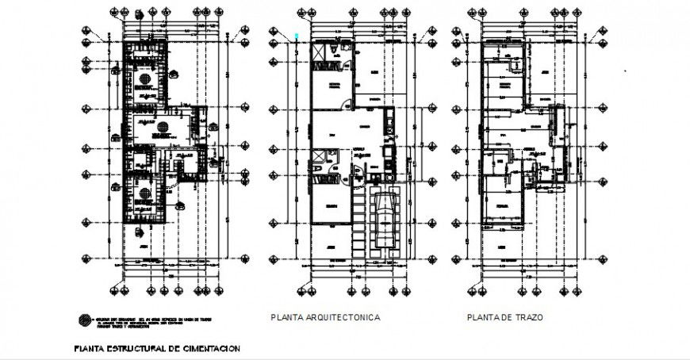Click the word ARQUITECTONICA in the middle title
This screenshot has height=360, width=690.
coord(343,317)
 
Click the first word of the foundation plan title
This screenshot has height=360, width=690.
coord(90,348)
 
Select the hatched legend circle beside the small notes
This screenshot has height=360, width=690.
coord(83,320)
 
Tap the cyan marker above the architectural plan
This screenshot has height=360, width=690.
coord(297,34)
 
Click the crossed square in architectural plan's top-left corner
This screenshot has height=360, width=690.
coord(320,51)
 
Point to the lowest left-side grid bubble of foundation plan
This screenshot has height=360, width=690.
coord(87,259)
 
